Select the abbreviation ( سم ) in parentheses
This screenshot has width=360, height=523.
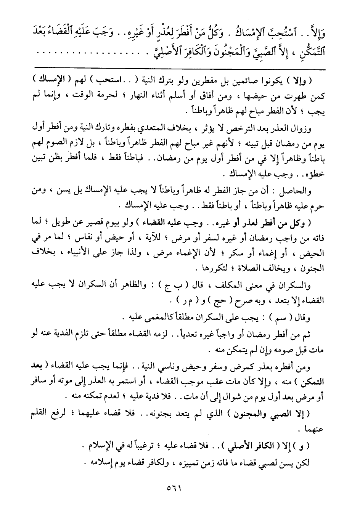280,317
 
